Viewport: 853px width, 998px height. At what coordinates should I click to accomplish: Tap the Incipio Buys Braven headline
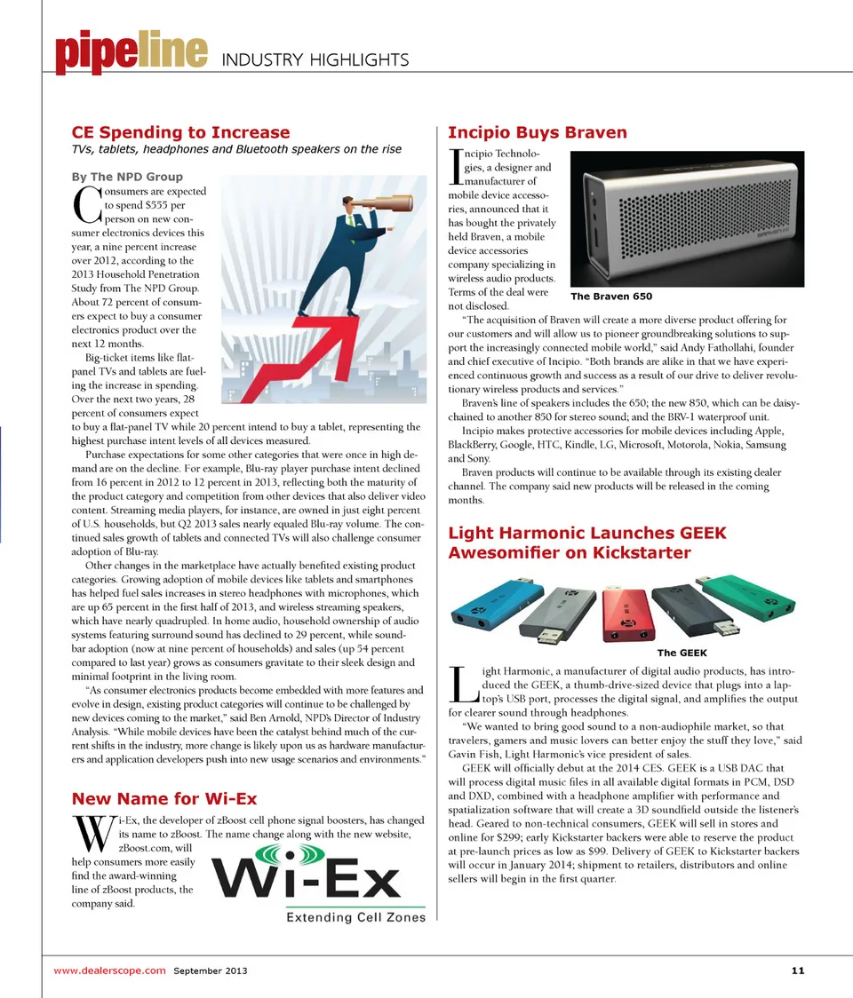click(x=538, y=132)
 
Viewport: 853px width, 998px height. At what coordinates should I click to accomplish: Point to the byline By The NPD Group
click(x=126, y=176)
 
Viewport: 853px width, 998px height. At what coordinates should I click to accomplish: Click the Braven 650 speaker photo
click(x=686, y=216)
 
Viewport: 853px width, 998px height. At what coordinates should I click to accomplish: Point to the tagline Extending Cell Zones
click(x=355, y=917)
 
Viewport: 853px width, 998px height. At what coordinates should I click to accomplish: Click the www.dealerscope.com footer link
click(x=109, y=970)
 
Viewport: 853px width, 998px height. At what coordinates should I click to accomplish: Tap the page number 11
click(x=797, y=970)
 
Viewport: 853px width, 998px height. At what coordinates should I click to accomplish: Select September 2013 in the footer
click(x=211, y=970)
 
